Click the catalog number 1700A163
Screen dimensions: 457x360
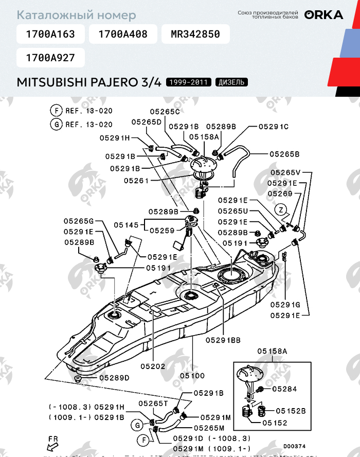coord(50,34)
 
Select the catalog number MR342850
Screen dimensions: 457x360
coord(195,34)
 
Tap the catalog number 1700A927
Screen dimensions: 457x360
coord(50,58)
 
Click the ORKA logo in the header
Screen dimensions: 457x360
coord(323,15)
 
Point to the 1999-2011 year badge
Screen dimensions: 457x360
coord(189,82)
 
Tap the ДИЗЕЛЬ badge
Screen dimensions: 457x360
coord(231,82)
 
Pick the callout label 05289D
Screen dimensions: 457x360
coord(114,377)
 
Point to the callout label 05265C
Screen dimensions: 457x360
coord(165,111)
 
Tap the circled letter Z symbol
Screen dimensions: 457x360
coord(280,209)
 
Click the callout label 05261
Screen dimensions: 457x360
coord(136,181)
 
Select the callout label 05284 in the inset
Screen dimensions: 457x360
coord(284,389)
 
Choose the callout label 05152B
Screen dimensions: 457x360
coord(291,411)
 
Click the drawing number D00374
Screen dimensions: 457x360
coord(294,446)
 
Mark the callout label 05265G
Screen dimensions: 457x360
coord(79,220)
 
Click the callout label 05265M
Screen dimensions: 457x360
coord(209,428)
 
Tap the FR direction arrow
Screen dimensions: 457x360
coord(51,442)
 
